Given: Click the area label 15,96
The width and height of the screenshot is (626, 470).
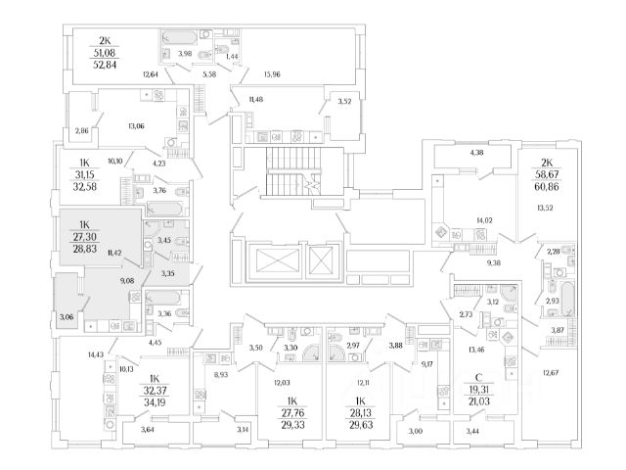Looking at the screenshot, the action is tap(272, 74).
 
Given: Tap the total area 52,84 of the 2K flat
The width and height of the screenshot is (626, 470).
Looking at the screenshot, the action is tap(105, 65).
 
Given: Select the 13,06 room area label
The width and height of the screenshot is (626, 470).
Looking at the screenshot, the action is tap(136, 126).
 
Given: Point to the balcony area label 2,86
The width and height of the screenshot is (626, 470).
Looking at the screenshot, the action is tap(81, 130).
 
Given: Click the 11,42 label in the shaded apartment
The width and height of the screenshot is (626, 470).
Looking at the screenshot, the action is tap(114, 253).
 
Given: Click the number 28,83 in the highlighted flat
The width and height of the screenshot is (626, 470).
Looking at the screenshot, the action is tap(85, 249).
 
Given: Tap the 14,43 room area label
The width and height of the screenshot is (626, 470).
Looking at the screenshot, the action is tap(96, 354).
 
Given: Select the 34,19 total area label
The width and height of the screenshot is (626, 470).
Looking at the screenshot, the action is tap(155, 402).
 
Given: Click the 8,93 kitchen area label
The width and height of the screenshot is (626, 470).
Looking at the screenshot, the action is tap(220, 375).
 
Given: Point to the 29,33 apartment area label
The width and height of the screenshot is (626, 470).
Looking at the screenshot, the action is tap(292, 425).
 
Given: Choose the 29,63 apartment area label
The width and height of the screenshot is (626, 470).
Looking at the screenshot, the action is tap(361, 425).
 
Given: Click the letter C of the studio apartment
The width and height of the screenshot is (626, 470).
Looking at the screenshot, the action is tap(478, 377).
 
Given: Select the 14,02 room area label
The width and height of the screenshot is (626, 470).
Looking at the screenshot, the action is tap(484, 220).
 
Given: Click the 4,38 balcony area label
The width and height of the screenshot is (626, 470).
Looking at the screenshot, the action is tap(476, 153).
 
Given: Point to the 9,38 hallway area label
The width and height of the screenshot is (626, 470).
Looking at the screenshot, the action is tap(493, 263).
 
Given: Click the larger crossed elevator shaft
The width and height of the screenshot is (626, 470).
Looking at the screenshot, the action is tap(274, 262).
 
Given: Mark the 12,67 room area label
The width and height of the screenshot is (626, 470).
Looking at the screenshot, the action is tap(551, 373).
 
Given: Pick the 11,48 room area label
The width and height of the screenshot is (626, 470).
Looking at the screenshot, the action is tap(256, 100).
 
